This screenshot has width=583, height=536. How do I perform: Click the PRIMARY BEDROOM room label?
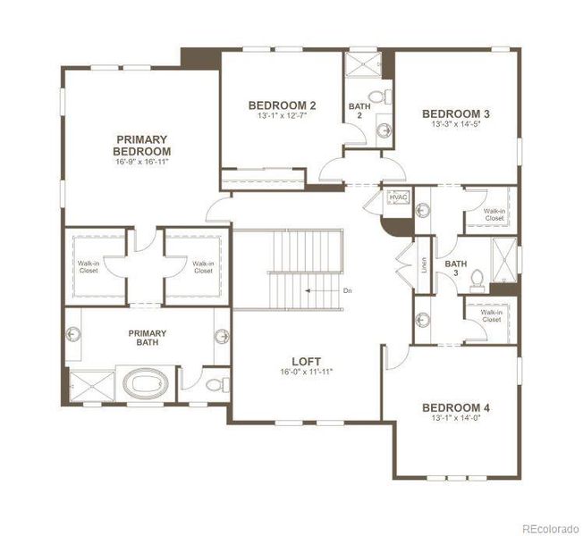tap(141, 145)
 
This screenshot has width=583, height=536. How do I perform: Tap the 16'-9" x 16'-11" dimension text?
tap(141, 162)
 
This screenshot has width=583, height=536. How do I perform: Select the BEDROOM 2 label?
tap(282, 105)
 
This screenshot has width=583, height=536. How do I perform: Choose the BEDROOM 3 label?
tap(456, 113)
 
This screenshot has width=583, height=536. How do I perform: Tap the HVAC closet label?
tap(399, 197)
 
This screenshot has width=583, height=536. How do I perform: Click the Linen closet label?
tap(424, 265)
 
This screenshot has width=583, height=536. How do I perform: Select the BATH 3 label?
tap(456, 269)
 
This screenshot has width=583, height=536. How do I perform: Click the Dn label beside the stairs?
tap(348, 290)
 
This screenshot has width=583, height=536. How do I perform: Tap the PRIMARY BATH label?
tap(147, 339)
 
